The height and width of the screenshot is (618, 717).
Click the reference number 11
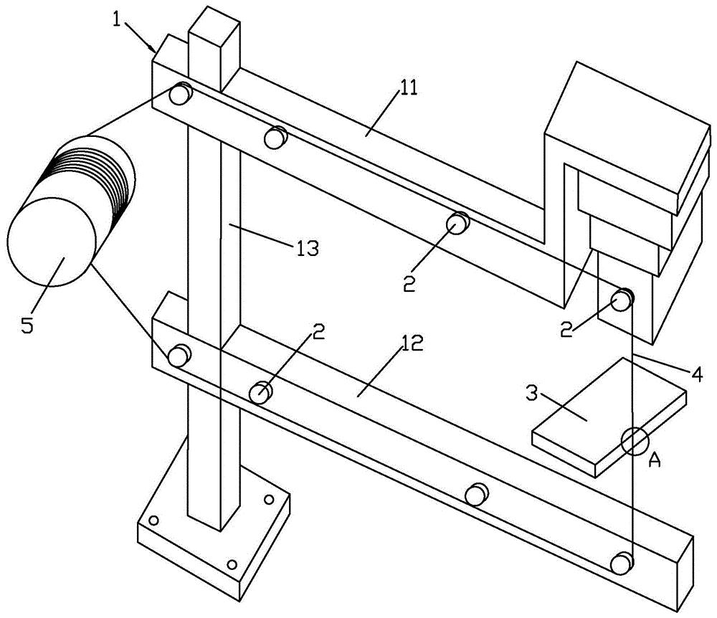pos(409,87)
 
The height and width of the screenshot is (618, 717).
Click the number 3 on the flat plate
pos(531,393)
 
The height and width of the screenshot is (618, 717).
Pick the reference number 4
pos(696,375)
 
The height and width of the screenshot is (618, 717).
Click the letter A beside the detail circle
pos(655,461)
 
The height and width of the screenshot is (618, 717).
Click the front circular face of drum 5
pos(51,242)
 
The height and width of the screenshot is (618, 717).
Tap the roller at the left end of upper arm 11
pos(180,94)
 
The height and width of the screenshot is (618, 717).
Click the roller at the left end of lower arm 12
pos(179,355)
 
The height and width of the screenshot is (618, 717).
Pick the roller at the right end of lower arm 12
pos(622,563)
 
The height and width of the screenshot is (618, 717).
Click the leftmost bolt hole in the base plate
pos(154,520)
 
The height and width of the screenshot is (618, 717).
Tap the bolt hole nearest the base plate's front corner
pos(232,564)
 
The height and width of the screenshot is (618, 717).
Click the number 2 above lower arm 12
pos(319,333)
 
